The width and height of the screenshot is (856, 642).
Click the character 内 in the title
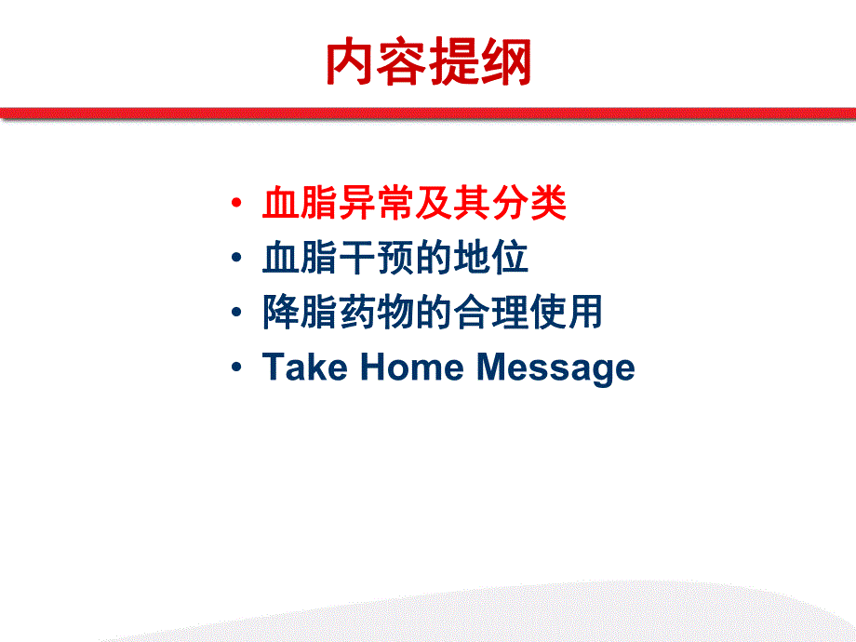pos(351,63)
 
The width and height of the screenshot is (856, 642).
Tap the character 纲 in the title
pos(505,63)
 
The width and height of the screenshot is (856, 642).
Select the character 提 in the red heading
pos(454,63)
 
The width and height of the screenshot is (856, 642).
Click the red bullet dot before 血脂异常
pos(238,204)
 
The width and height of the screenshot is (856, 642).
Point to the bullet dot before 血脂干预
pos(238,258)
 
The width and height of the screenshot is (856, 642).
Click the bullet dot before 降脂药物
pos(238,313)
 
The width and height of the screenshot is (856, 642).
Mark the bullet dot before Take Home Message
pos(238,368)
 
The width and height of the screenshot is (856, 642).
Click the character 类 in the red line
pos(548,204)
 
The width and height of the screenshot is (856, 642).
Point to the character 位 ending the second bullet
pos(510,258)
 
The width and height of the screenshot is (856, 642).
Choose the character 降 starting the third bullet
pos(281,313)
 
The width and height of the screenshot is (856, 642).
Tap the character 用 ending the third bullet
pos(585,313)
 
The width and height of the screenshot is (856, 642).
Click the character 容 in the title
pos(403,63)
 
